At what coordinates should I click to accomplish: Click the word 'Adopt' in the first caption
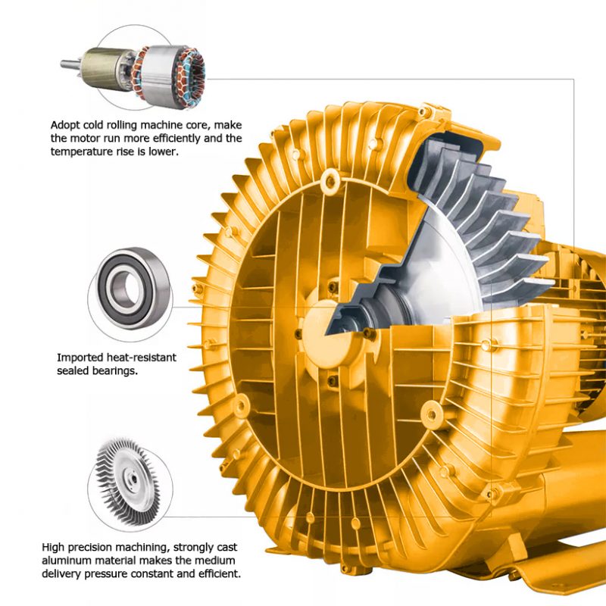coord(66,125)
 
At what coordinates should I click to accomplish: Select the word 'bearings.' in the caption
coord(116,370)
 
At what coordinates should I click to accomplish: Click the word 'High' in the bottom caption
coord(55,547)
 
